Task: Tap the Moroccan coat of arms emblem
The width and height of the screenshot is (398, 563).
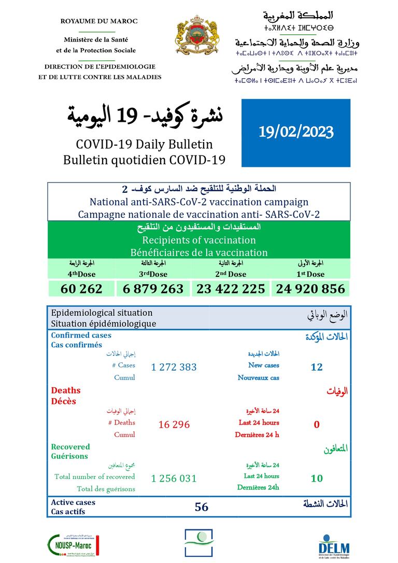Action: tap(197, 38)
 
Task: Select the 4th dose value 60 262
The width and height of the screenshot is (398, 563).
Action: tap(81, 289)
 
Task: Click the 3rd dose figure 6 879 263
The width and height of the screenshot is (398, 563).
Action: tap(153, 289)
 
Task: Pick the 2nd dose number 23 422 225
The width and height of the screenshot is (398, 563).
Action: tap(231, 289)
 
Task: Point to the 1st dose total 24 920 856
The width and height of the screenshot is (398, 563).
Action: tap(310, 289)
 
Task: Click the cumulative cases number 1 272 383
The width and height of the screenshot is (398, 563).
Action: tap(174, 367)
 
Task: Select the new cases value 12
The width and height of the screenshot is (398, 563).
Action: tap(317, 367)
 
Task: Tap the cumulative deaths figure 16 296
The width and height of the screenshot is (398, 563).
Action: tap(174, 425)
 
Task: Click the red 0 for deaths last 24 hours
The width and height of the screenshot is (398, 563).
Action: tap(317, 425)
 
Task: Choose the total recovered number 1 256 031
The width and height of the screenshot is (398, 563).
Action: tap(174, 478)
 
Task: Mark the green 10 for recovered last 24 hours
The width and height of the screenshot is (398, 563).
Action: tap(317, 478)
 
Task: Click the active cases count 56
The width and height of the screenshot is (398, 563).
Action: tap(202, 507)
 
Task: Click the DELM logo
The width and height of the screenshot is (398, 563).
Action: tap(334, 546)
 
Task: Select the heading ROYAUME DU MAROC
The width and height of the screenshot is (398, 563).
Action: tap(99, 21)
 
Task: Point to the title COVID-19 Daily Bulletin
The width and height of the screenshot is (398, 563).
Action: tap(144, 145)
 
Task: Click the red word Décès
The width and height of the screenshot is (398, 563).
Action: tap(63, 401)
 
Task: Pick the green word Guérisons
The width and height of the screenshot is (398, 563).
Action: tap(69, 456)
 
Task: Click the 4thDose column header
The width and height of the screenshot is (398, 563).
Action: tap(82, 274)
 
